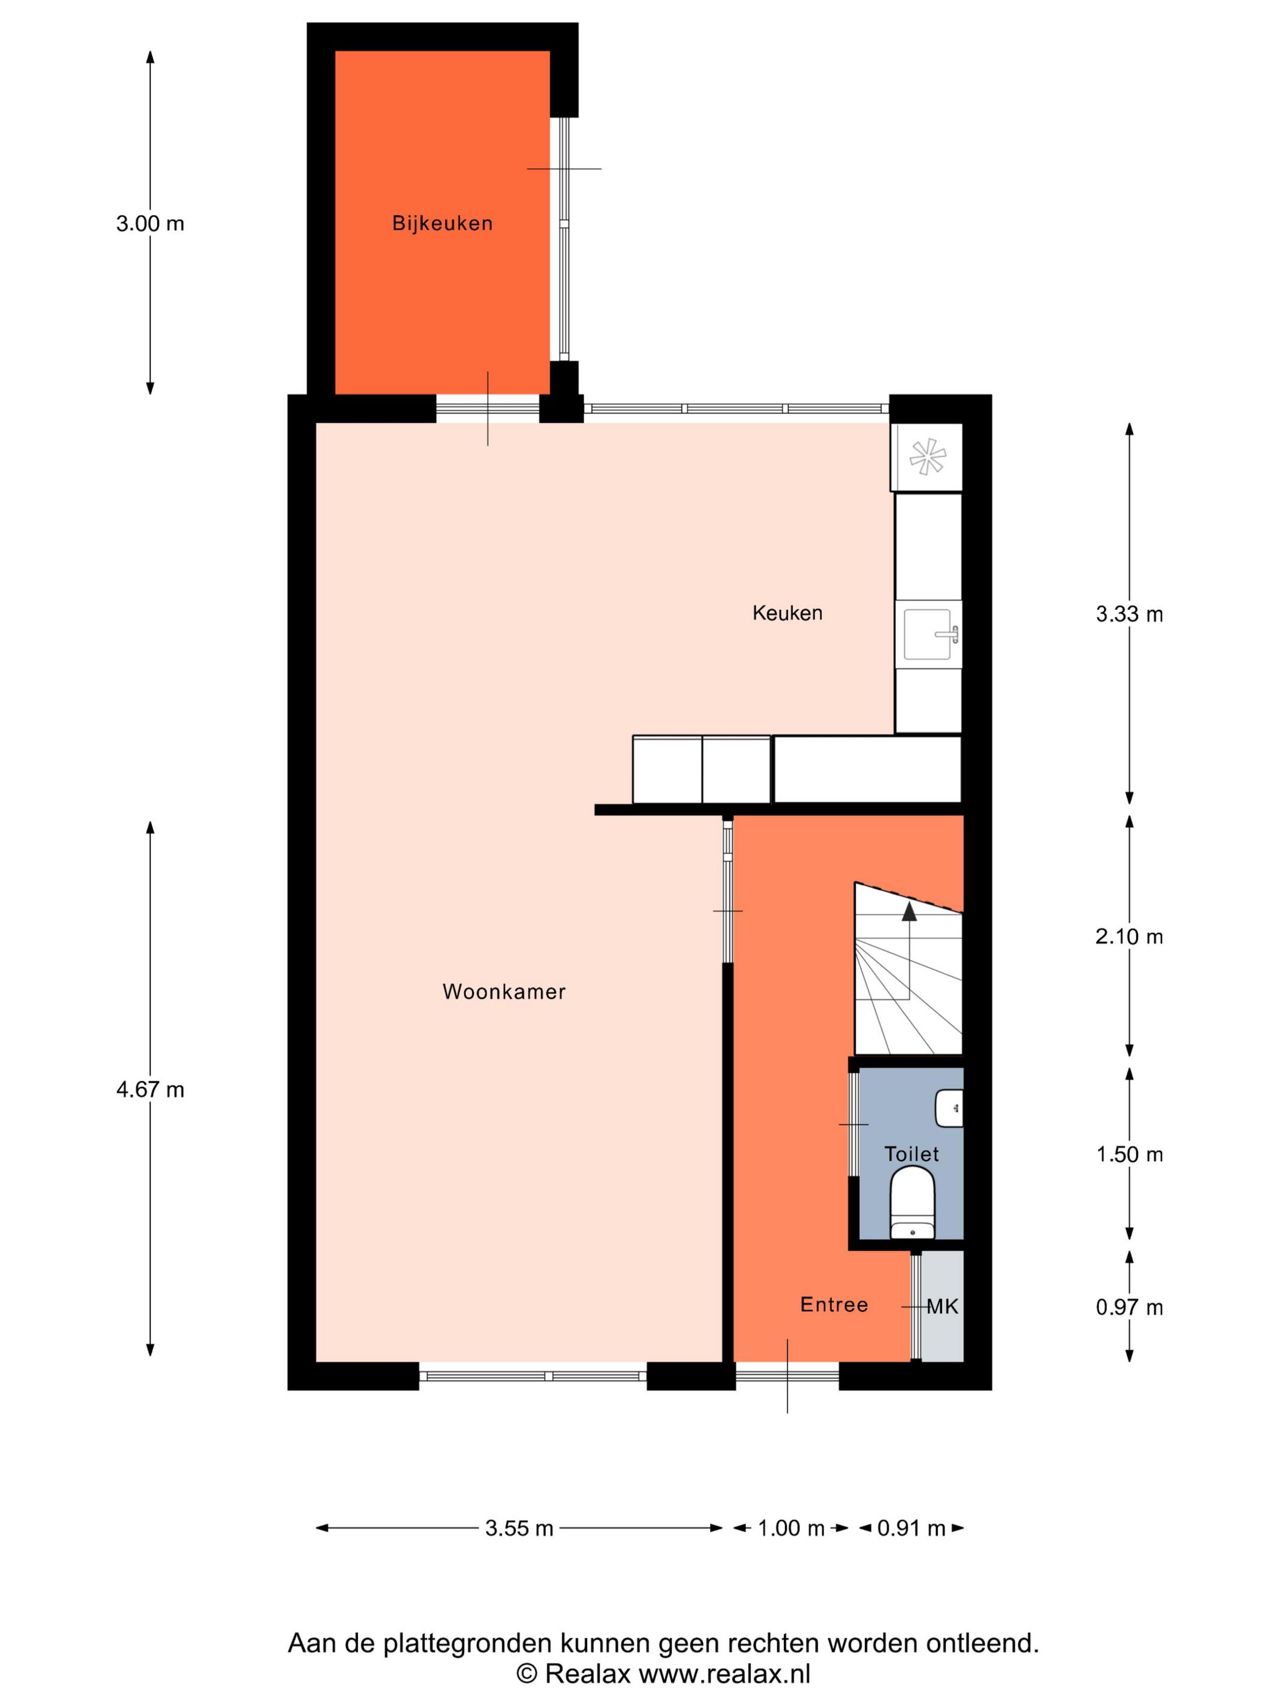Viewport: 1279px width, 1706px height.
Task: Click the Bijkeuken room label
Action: tap(442, 224)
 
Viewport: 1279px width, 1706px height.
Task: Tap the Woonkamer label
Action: tap(504, 992)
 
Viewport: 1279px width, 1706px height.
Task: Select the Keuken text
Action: tap(787, 613)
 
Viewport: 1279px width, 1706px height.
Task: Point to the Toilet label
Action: tap(911, 1154)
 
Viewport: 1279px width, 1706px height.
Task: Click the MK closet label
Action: tap(942, 1306)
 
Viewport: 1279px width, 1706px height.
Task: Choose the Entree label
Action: tap(833, 1304)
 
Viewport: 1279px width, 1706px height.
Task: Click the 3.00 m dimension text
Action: tap(150, 224)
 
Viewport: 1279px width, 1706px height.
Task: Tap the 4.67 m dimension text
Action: tap(150, 1090)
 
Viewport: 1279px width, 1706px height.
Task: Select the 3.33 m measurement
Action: tap(1129, 614)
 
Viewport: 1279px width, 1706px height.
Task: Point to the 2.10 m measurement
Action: tap(1129, 936)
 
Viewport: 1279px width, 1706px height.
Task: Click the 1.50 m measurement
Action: tap(1129, 1155)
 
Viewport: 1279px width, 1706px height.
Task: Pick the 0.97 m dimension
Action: tap(1129, 1308)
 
